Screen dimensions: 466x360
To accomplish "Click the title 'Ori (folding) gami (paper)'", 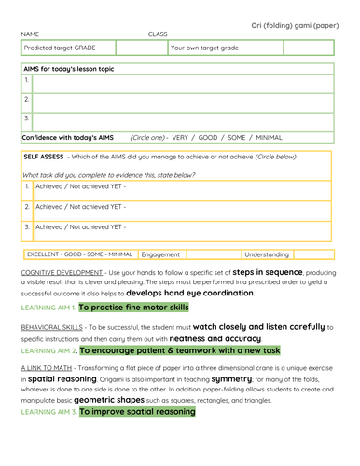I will tap(294, 25).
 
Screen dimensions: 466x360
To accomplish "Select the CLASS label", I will tap(157, 34).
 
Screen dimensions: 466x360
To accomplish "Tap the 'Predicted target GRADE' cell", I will tap(59, 48).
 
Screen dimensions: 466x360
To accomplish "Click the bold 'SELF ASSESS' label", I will tap(43, 157).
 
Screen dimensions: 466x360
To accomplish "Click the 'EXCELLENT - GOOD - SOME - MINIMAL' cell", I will tap(79, 254).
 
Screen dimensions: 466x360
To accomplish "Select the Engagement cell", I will tap(160, 254).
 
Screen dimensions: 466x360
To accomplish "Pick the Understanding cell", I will tap(267, 254).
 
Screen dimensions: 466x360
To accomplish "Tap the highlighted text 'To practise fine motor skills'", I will tap(134, 307).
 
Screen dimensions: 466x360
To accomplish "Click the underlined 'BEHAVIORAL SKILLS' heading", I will tap(53, 328).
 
